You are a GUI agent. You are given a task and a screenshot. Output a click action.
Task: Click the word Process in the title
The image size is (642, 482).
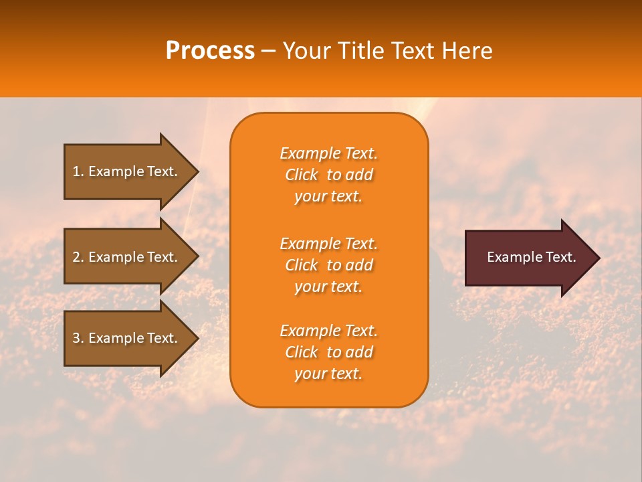tap(210, 51)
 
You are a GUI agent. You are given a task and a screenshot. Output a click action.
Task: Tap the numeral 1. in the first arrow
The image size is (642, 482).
tap(78, 171)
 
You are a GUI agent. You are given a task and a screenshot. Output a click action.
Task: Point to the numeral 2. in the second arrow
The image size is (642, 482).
tap(78, 257)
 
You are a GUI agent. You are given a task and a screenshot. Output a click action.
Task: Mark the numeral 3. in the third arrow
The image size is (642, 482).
tap(78, 338)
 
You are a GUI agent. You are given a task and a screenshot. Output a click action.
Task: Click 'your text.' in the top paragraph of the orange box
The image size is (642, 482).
tap(328, 197)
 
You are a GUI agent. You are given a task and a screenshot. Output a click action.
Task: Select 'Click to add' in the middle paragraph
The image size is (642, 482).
tap(328, 265)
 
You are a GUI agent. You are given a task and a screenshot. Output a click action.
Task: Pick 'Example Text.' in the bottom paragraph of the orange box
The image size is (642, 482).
tap(328, 331)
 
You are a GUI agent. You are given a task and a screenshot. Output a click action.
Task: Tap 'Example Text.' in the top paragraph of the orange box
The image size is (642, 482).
tap(328, 153)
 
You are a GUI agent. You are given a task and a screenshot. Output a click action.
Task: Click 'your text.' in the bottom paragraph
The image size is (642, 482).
tap(328, 374)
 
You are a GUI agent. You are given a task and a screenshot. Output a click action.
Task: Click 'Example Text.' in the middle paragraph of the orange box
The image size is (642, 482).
tap(328, 244)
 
